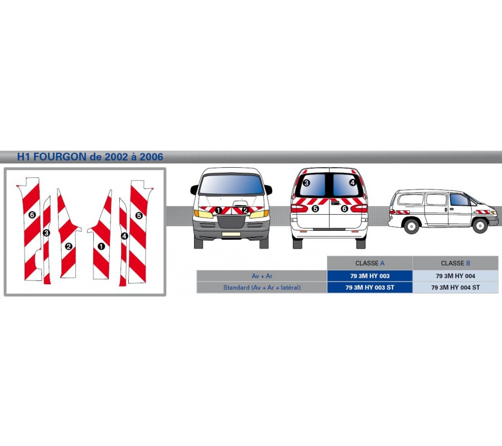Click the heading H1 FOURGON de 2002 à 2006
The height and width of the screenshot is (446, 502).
click(90, 157)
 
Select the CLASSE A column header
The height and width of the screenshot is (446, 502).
click(370, 263)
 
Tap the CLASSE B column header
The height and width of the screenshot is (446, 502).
click(455, 263)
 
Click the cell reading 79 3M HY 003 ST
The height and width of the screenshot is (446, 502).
click(370, 287)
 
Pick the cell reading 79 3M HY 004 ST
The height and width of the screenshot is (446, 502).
click(455, 287)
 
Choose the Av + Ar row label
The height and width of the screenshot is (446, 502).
click(262, 276)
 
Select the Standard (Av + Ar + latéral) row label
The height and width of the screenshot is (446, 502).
click(262, 287)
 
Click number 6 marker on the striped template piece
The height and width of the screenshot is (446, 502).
click(32, 215)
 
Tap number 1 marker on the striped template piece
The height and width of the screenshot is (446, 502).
click(101, 246)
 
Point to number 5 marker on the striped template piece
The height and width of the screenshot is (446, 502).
click(139, 215)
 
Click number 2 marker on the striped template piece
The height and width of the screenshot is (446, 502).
click(68, 246)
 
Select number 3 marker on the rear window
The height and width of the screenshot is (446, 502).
click(306, 183)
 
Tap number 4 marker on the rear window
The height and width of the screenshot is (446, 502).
click(353, 182)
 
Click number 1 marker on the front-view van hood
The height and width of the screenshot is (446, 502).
click(218, 210)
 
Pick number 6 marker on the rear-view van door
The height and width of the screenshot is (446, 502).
click(344, 209)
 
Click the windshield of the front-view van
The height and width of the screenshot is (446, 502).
click(231, 184)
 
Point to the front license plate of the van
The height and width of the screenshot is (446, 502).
click(231, 234)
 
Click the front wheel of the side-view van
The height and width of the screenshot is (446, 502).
click(480, 225)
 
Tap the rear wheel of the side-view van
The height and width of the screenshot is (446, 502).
click(411, 226)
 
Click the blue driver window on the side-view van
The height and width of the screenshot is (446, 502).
click(459, 200)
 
